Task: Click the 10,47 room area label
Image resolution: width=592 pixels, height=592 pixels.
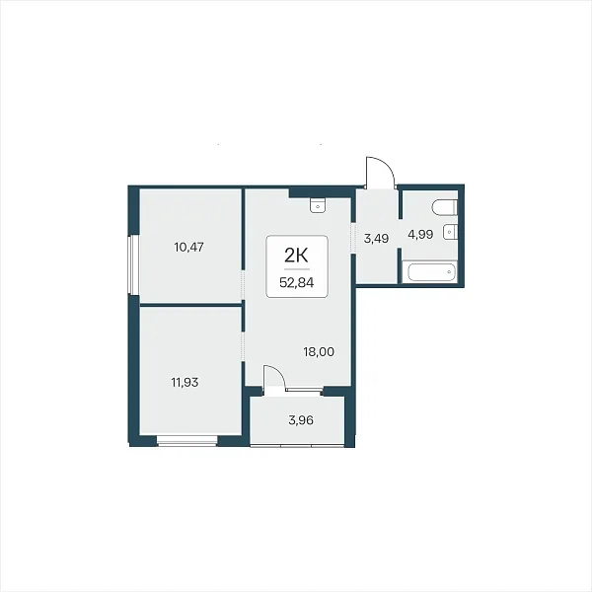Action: point(188,248)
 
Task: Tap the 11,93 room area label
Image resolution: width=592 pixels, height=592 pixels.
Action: point(185,383)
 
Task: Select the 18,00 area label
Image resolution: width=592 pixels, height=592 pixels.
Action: point(319,352)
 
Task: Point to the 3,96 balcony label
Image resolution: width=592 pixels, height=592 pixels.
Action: point(301,420)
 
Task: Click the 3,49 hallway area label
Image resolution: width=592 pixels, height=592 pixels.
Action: point(376,239)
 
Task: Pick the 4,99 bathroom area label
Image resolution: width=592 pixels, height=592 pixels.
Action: point(420,235)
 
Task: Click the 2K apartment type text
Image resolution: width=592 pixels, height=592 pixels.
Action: point(296,256)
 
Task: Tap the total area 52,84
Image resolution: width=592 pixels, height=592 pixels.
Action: point(296,282)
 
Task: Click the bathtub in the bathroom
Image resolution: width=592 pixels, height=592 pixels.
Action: point(429,271)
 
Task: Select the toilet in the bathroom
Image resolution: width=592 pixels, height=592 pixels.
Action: point(445,207)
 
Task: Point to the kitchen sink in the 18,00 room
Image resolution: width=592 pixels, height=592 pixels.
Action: point(318,206)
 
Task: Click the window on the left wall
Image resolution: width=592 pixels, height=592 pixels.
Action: point(130,264)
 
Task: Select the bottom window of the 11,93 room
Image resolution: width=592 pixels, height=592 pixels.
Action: point(187,441)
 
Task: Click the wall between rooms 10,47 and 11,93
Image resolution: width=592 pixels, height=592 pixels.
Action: point(190,305)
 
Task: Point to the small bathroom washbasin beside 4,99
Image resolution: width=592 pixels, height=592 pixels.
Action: point(450,231)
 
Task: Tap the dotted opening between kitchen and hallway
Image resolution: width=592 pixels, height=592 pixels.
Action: point(353,238)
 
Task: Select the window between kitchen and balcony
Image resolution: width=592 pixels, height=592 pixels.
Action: point(304,389)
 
